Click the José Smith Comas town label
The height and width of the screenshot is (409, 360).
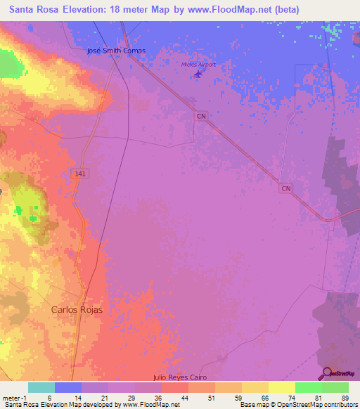[115, 51]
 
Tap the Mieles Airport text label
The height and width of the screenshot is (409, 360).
[198, 65]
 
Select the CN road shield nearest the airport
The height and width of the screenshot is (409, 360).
[202, 116]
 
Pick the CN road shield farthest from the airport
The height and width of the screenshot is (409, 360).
[285, 188]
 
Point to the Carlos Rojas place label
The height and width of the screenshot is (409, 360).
[77, 309]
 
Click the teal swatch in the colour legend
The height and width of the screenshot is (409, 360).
[41, 387]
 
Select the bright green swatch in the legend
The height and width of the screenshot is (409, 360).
[308, 387]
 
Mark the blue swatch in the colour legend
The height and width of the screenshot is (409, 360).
[68, 387]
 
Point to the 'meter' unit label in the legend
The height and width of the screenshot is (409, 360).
[10, 398]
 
